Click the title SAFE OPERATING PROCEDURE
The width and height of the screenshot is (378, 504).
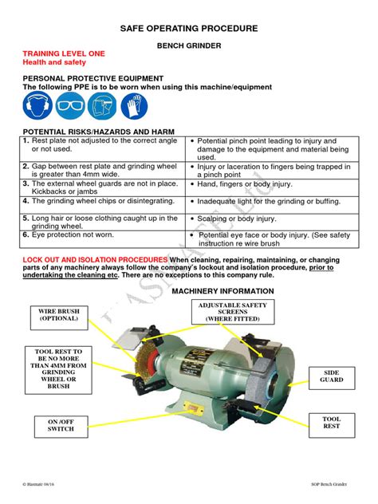[189, 28]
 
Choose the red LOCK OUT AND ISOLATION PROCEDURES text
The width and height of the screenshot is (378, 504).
[95, 260]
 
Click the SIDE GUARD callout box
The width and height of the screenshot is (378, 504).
[331, 376]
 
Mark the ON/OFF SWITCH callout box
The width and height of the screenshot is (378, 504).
[61, 424]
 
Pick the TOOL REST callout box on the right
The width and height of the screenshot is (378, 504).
[331, 423]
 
